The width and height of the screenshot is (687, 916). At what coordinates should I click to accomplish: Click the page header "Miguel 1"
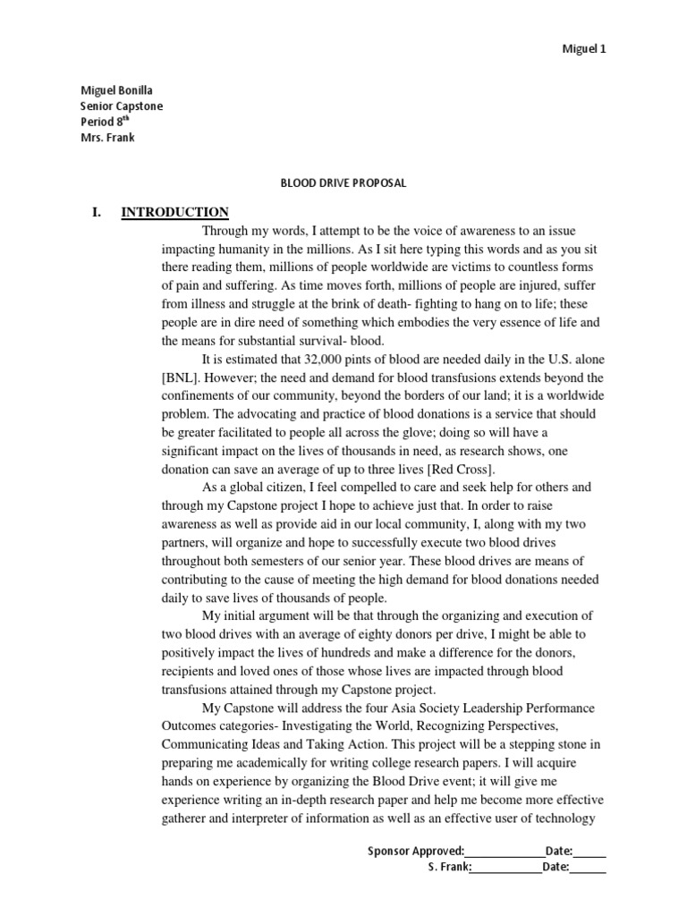click(583, 49)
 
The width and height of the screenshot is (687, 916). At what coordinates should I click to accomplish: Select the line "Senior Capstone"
click(122, 106)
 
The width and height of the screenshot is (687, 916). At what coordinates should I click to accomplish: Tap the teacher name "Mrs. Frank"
click(108, 138)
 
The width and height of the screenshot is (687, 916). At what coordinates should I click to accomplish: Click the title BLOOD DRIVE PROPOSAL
click(343, 182)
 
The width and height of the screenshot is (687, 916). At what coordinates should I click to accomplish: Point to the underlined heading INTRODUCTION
click(175, 212)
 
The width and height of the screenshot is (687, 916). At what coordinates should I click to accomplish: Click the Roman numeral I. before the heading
click(98, 212)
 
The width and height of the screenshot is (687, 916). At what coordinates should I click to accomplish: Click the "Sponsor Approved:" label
click(416, 851)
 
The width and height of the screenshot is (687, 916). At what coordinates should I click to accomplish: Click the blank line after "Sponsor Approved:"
click(505, 852)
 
